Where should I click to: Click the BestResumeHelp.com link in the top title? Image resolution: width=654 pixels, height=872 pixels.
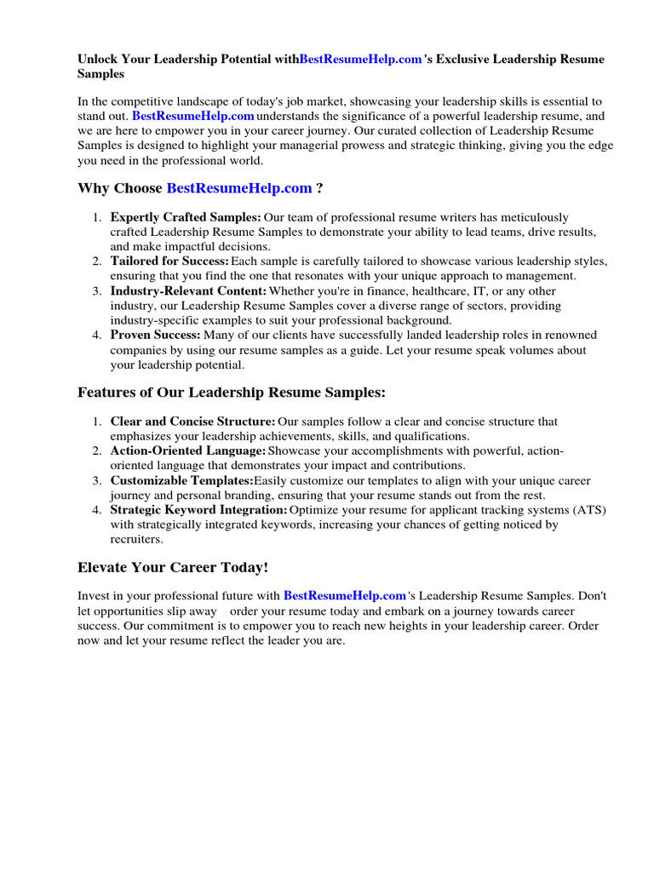pyautogui.click(x=361, y=60)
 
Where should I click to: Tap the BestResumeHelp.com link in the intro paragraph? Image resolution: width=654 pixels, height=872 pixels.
pyautogui.click(x=193, y=115)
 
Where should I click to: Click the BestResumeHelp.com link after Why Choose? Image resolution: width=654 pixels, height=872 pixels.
pyautogui.click(x=239, y=188)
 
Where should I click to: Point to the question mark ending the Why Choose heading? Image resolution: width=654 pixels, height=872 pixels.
pyautogui.click(x=319, y=188)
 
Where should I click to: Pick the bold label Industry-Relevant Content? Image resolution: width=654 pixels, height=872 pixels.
pyautogui.click(x=188, y=291)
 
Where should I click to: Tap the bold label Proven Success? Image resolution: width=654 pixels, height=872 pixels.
pyautogui.click(x=155, y=336)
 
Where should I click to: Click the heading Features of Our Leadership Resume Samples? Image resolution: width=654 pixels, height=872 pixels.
pyautogui.click(x=232, y=393)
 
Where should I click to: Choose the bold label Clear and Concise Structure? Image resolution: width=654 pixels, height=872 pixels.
pyautogui.click(x=192, y=422)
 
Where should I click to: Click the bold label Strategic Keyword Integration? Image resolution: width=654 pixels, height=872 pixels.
pyautogui.click(x=198, y=510)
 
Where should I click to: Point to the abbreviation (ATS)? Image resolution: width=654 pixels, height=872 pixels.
pyautogui.click(x=589, y=510)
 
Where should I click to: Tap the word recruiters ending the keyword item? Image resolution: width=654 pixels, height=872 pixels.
pyautogui.click(x=136, y=539)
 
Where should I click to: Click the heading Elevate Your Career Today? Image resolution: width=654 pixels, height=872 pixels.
pyautogui.click(x=173, y=567)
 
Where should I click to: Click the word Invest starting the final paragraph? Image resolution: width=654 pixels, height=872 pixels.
pyautogui.click(x=94, y=597)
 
